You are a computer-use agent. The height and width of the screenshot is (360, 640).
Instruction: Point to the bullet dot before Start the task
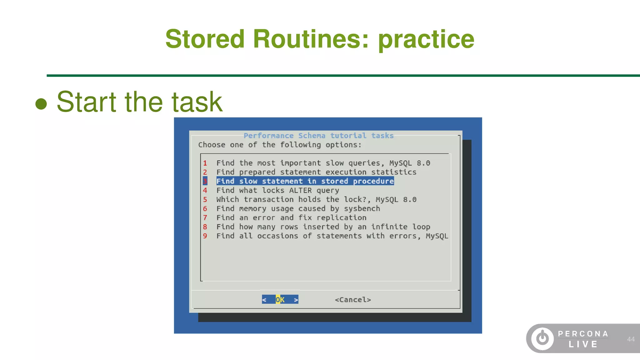[x=41, y=104]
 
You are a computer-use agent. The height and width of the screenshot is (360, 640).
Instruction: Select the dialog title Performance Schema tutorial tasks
[x=318, y=136]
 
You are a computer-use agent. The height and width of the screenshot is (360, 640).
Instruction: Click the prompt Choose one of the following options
[x=280, y=145]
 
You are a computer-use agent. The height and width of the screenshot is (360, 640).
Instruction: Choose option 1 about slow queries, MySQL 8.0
[x=323, y=163]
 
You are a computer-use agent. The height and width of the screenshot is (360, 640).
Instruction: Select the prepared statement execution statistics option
[x=316, y=172]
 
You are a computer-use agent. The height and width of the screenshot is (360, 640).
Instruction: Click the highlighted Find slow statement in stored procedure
[x=305, y=181]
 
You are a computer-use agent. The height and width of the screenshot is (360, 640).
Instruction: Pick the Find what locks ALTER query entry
[x=277, y=190]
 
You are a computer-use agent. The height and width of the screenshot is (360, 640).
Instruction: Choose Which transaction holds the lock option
[x=316, y=199]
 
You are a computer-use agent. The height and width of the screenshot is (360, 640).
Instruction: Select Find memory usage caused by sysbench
[x=298, y=208]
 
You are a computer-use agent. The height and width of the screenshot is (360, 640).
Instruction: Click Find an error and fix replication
[x=291, y=217]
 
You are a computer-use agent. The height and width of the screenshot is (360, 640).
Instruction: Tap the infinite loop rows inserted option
[x=323, y=227]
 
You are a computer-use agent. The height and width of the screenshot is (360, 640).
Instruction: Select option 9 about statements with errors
[x=332, y=236]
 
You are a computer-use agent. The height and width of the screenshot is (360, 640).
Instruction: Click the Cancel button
[x=353, y=300]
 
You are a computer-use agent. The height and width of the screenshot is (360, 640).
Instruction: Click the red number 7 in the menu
[x=205, y=217]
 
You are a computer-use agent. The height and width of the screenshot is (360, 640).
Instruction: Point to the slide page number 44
[x=631, y=339]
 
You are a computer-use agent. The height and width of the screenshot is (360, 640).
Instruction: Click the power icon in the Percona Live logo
[x=542, y=338]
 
